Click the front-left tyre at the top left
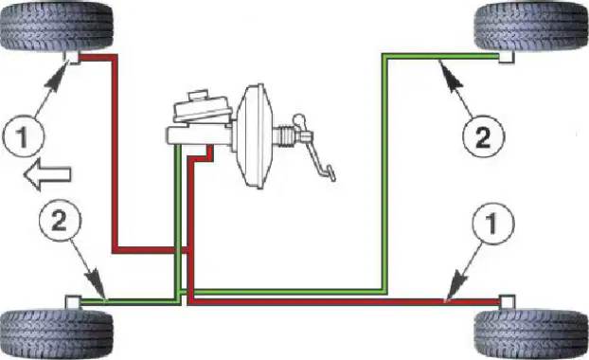[57, 26]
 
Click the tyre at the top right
[531, 26]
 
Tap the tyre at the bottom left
[57, 333]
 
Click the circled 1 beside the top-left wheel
[24, 136]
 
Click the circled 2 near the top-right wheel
[483, 136]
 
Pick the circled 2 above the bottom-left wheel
[60, 220]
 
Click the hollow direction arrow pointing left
[47, 174]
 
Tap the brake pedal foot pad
[330, 173]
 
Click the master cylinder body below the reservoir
[199, 135]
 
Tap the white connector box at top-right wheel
[507, 57]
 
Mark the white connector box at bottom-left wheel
[73, 302]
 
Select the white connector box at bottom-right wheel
[508, 302]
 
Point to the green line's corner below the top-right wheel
[384, 56]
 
